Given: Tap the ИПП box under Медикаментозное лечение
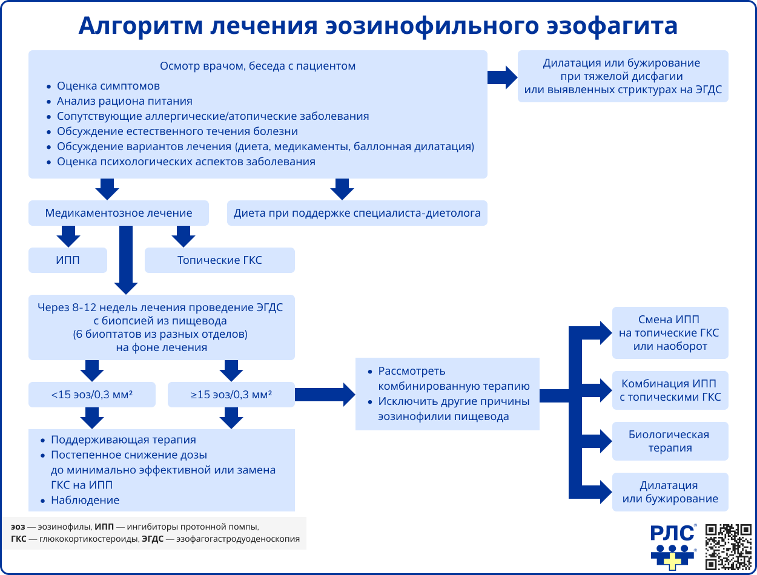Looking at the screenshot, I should click(x=68, y=260).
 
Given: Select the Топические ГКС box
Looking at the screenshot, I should click(x=219, y=260).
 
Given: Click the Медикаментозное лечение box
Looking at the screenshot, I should click(x=119, y=213).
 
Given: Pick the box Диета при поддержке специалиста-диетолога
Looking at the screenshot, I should click(x=357, y=213).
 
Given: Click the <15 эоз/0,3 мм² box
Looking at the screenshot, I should click(x=92, y=395).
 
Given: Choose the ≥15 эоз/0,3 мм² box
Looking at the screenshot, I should click(x=231, y=395).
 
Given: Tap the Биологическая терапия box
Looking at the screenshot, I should click(x=670, y=441).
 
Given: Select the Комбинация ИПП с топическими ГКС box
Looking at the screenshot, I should click(x=670, y=390).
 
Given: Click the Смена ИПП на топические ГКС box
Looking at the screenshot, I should click(x=670, y=333).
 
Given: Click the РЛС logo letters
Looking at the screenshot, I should click(x=672, y=533).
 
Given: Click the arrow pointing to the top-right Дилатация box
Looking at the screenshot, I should click(x=502, y=77).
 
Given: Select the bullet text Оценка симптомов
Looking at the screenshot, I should click(x=108, y=86).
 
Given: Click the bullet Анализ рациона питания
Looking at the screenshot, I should click(x=124, y=101).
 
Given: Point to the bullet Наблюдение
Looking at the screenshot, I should click(x=85, y=500).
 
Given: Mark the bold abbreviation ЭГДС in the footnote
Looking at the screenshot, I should click(x=153, y=539).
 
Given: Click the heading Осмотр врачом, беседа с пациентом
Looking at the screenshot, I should click(x=257, y=66).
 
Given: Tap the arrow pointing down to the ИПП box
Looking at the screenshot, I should click(x=68, y=235).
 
